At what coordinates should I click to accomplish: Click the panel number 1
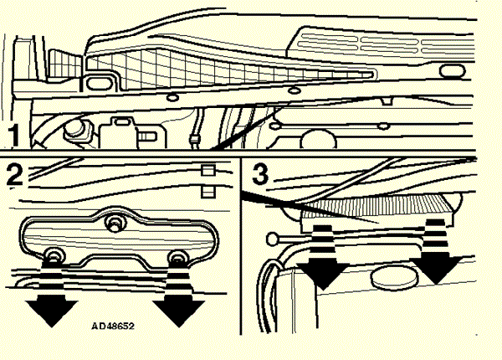click(x=13, y=136)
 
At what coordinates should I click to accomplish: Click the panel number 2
click(x=15, y=174)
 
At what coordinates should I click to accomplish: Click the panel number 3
click(x=260, y=174)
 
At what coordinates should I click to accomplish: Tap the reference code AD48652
click(x=113, y=326)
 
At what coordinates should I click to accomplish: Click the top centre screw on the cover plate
click(x=114, y=223)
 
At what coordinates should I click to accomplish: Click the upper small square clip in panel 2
click(x=208, y=170)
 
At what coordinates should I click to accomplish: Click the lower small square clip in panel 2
click(x=208, y=192)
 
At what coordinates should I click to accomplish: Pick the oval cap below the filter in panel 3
click(x=395, y=278)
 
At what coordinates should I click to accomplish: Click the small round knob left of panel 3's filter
click(x=273, y=239)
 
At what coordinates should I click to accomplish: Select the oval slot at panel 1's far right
click(x=452, y=71)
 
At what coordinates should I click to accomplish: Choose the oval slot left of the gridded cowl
click(x=100, y=84)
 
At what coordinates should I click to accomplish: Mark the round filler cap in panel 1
click(x=76, y=131)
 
